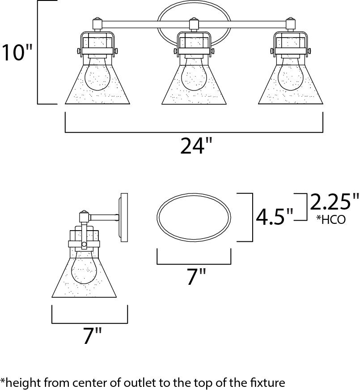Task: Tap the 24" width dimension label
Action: [x=196, y=146]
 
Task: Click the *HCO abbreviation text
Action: [x=331, y=220]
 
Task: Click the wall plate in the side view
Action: [x=123, y=218]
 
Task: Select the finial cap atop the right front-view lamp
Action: [x=290, y=22]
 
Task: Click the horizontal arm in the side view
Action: [x=103, y=218]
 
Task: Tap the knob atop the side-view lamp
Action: [x=83, y=213]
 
